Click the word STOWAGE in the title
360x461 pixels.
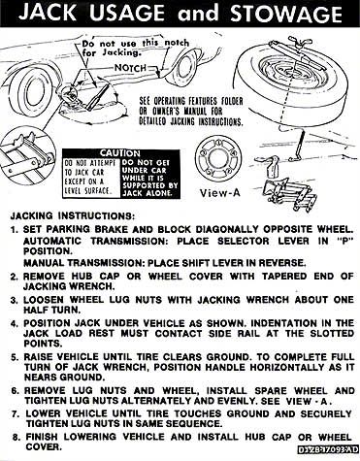coord(286,14)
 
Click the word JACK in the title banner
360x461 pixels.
coord(48,13)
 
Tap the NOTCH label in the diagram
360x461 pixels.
coord(130,68)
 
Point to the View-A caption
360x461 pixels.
coord(220,193)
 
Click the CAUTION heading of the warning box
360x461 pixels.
coord(120,153)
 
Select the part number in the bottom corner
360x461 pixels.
coord(328,448)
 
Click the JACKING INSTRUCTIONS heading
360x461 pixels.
coord(72,215)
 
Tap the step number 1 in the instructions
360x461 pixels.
coord(14,230)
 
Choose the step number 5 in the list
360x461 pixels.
coord(15,357)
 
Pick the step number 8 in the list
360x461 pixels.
coord(16,437)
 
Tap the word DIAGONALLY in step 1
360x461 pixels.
coord(226,229)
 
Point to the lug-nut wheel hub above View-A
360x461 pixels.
coord(217,157)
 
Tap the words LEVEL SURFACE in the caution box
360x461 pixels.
coord(87,191)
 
